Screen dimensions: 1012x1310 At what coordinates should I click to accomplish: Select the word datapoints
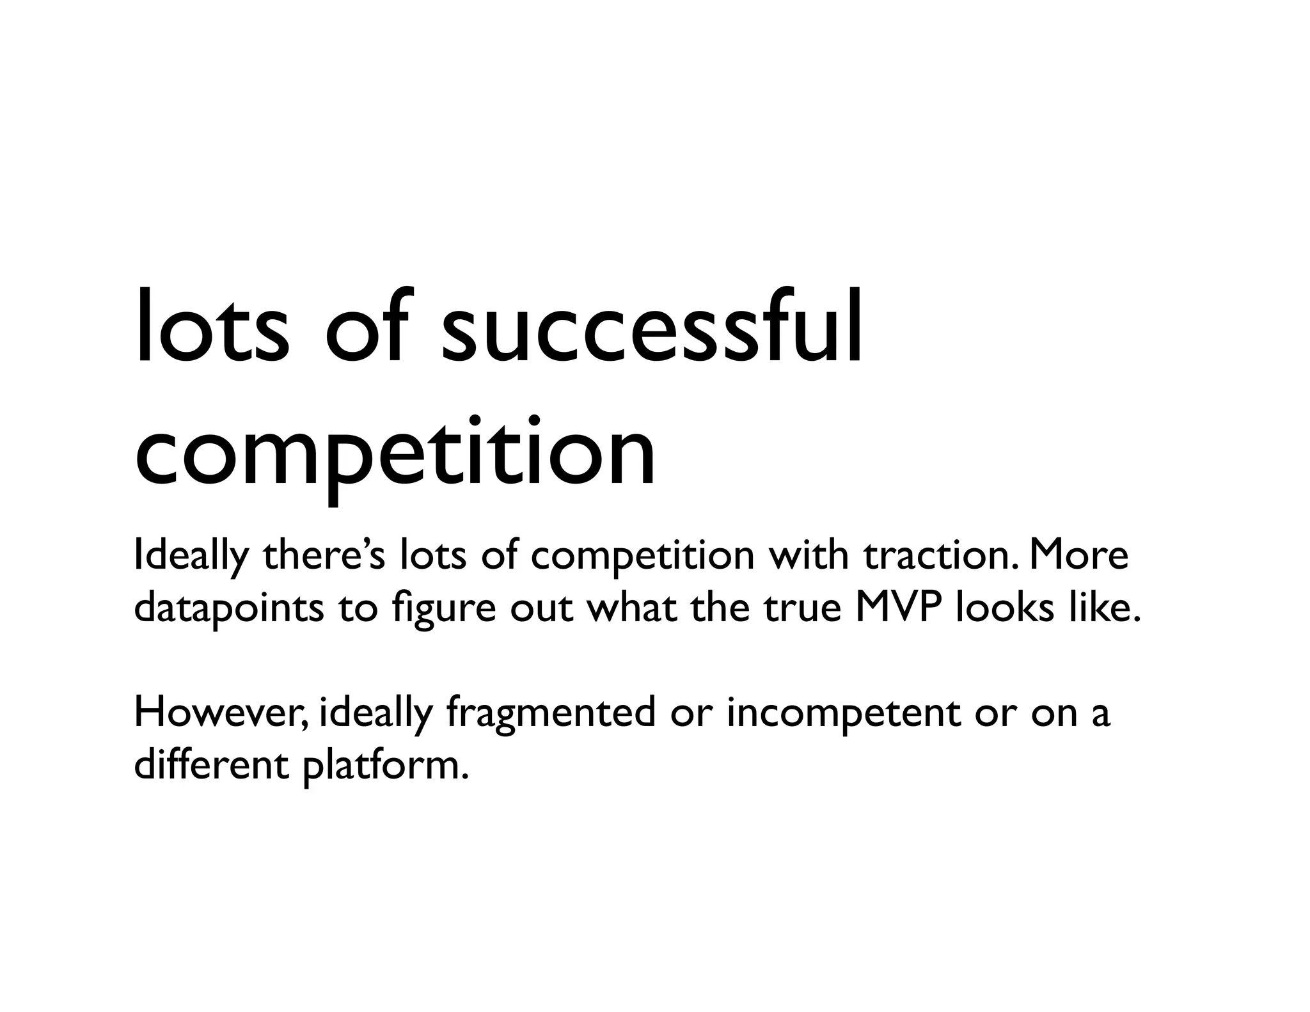(x=228, y=609)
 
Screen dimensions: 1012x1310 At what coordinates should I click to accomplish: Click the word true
(x=802, y=609)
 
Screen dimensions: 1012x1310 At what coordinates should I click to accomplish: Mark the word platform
(x=381, y=766)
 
